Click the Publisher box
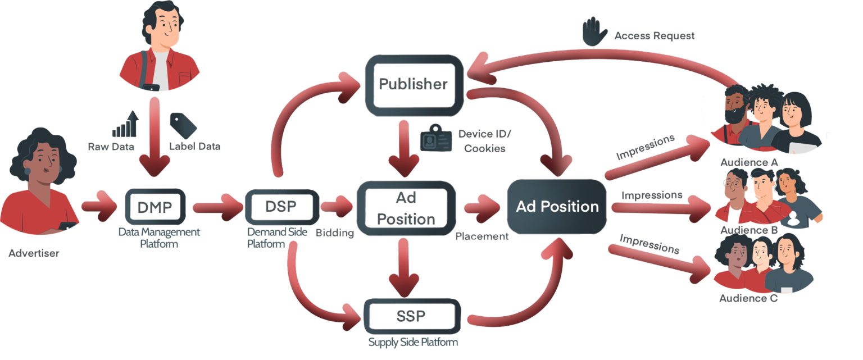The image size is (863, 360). coord(414,84)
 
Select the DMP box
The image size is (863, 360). coord(155,207)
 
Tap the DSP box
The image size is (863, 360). coord(281,206)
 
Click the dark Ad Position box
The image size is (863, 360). coord(557,206)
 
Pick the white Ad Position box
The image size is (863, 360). coord(406,208)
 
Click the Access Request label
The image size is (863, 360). coord(654,37)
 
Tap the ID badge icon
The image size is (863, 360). coord(436,139)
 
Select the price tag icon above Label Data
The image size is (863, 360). coord(183,125)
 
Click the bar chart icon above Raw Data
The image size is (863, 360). coord(125,125)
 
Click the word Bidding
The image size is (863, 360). coord(334,233)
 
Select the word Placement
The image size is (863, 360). coord(482,236)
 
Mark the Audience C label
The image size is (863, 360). coord(748,298)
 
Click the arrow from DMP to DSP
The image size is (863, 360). coord(216,207)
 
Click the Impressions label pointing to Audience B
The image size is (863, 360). coord(651,195)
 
